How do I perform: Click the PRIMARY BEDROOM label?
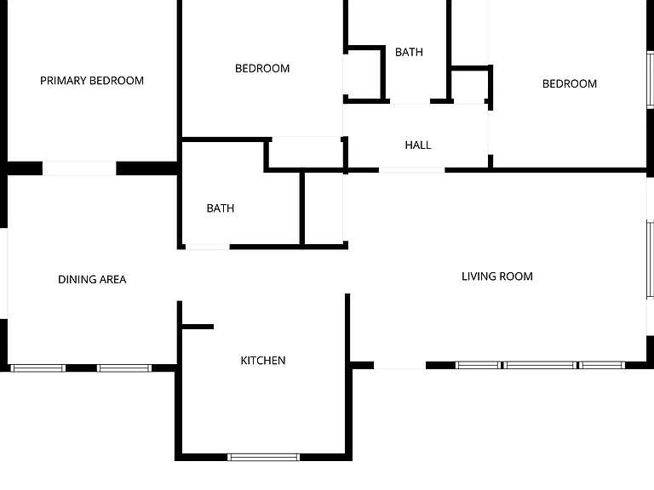(x=92, y=81)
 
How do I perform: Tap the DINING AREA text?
(x=92, y=280)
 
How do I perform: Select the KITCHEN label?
(x=263, y=361)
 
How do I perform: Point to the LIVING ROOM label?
(x=497, y=276)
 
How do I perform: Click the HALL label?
(x=418, y=145)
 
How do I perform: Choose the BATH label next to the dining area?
(x=221, y=208)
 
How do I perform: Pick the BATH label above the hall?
(x=409, y=52)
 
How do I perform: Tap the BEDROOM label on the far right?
(x=570, y=83)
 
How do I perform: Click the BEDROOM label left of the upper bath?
(x=262, y=68)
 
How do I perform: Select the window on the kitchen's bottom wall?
(x=264, y=457)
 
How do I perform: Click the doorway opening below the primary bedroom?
(x=79, y=168)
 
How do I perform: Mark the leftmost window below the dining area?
(x=38, y=367)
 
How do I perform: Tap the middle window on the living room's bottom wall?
(x=540, y=365)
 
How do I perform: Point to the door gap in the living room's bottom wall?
(x=399, y=366)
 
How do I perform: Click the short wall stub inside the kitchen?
(x=198, y=327)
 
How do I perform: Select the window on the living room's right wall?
(x=651, y=259)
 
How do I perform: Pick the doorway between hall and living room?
(x=411, y=170)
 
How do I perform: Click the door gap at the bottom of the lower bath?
(x=208, y=247)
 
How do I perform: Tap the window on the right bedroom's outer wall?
(x=651, y=79)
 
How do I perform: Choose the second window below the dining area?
(x=124, y=367)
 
